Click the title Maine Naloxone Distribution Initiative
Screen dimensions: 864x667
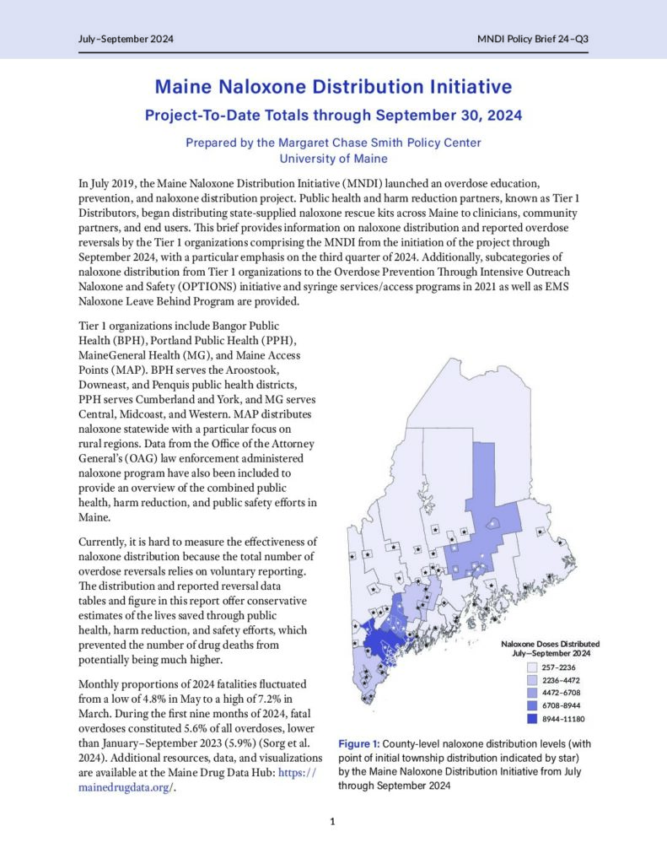[333, 87]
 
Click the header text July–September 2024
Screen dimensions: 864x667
[113, 40]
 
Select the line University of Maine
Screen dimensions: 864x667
[333, 158]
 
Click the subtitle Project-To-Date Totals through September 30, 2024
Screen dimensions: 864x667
[333, 115]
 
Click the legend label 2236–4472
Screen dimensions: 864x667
[561, 680]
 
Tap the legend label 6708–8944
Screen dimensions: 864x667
[561, 706]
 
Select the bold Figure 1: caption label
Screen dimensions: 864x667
[360, 745]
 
